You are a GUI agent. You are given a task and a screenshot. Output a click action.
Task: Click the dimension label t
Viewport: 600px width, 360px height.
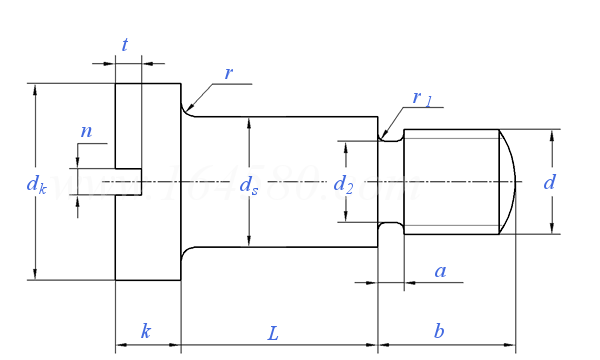click(125, 45)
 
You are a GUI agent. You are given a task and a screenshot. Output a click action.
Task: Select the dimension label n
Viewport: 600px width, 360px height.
click(86, 131)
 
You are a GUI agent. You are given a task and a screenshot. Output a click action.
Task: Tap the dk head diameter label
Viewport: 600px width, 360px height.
click(36, 184)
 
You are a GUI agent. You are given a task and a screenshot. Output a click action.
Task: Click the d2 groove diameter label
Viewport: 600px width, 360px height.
click(344, 184)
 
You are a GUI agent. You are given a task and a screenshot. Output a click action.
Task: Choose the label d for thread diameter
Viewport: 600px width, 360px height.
click(549, 182)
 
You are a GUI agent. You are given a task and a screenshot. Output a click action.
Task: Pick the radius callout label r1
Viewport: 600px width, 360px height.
click(422, 98)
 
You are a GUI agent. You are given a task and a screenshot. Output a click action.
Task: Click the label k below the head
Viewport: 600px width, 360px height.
click(146, 331)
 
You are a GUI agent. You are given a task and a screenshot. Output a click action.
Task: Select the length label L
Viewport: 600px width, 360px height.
click(273, 332)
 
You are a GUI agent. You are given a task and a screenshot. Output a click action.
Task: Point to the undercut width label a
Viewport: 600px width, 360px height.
click(439, 271)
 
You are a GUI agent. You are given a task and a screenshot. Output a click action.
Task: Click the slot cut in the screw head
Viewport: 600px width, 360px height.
click(128, 181)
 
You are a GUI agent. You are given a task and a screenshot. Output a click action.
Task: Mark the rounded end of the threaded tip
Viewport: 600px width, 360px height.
click(510, 181)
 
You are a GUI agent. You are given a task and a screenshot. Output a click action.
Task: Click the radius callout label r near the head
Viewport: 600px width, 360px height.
click(228, 72)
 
